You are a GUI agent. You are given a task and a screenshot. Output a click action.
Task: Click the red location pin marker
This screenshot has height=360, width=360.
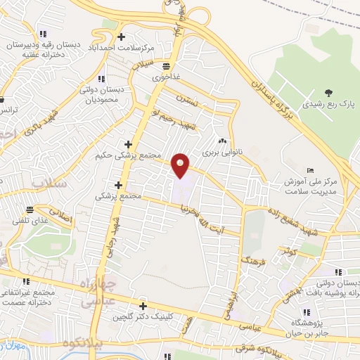181,165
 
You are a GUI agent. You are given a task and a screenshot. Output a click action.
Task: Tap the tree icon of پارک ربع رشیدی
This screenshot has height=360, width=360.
328,93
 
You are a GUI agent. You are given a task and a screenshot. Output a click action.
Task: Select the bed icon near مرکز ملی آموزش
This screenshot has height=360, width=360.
311,171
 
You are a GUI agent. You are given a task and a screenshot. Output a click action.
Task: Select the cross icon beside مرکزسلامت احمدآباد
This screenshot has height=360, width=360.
122,37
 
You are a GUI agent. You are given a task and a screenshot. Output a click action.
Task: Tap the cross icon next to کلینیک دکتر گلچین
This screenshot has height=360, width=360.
143,306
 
